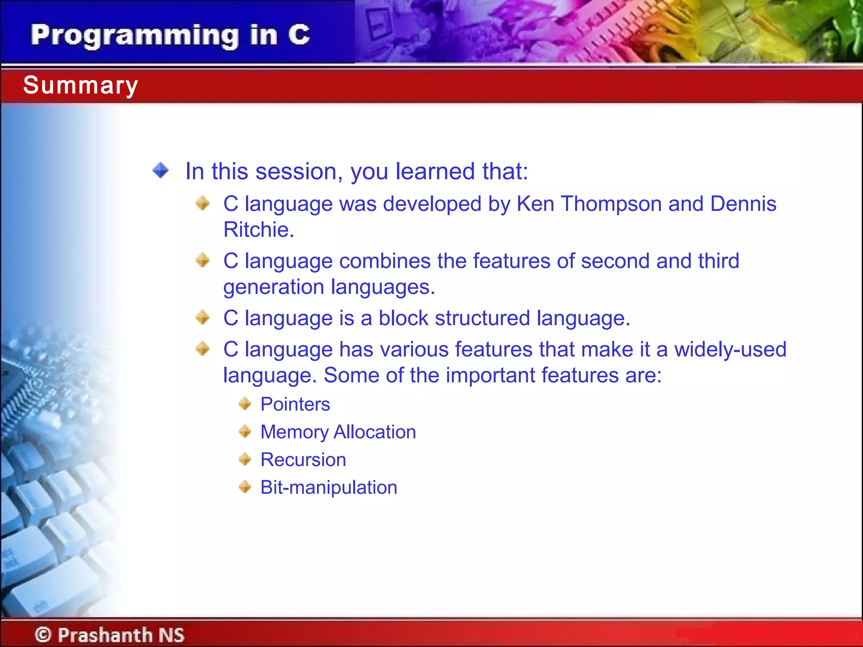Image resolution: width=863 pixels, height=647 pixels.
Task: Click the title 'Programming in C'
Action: [x=170, y=35]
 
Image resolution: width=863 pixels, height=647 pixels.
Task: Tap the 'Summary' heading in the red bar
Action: [x=80, y=86]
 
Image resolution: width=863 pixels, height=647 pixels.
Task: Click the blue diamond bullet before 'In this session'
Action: [x=161, y=171]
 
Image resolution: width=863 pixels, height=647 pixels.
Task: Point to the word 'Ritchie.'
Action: [x=258, y=230]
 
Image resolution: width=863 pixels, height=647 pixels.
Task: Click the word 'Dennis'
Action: [x=743, y=204]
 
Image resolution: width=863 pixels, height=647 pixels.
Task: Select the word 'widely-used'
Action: [x=730, y=350]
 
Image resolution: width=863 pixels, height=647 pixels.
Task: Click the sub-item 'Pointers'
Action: [x=295, y=404]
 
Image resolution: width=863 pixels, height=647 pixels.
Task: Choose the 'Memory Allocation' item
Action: [x=338, y=432]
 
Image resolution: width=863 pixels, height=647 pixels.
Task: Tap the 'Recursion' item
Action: [x=303, y=460]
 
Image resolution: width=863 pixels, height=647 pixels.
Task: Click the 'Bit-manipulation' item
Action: [x=329, y=488]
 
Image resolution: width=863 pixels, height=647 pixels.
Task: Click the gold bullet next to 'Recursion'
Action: [x=245, y=459]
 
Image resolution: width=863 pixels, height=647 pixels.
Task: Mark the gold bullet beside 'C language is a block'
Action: [x=203, y=317]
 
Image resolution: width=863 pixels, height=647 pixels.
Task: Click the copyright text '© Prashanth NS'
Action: [x=110, y=635]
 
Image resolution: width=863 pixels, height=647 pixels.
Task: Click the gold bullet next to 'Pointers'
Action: [x=245, y=404]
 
